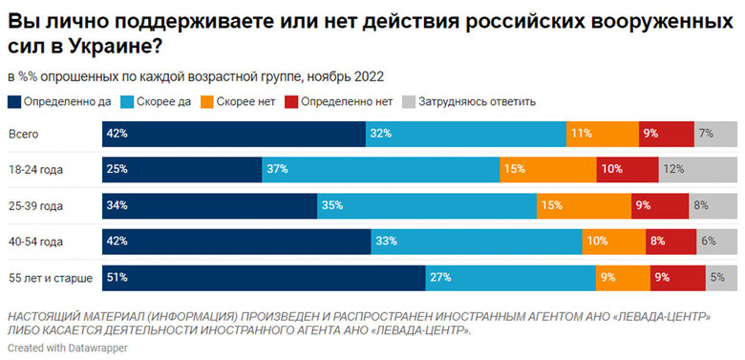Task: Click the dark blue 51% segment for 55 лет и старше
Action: point(264,278)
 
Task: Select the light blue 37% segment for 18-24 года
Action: point(380,169)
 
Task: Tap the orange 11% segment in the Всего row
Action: point(602,134)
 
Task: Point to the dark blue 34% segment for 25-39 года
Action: point(209,205)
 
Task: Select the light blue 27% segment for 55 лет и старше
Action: point(509,278)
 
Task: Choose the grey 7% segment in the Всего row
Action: point(715,134)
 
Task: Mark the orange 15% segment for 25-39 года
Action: point(584,205)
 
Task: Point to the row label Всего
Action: point(23,134)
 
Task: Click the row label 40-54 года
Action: point(35,242)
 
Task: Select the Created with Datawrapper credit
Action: point(66,349)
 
